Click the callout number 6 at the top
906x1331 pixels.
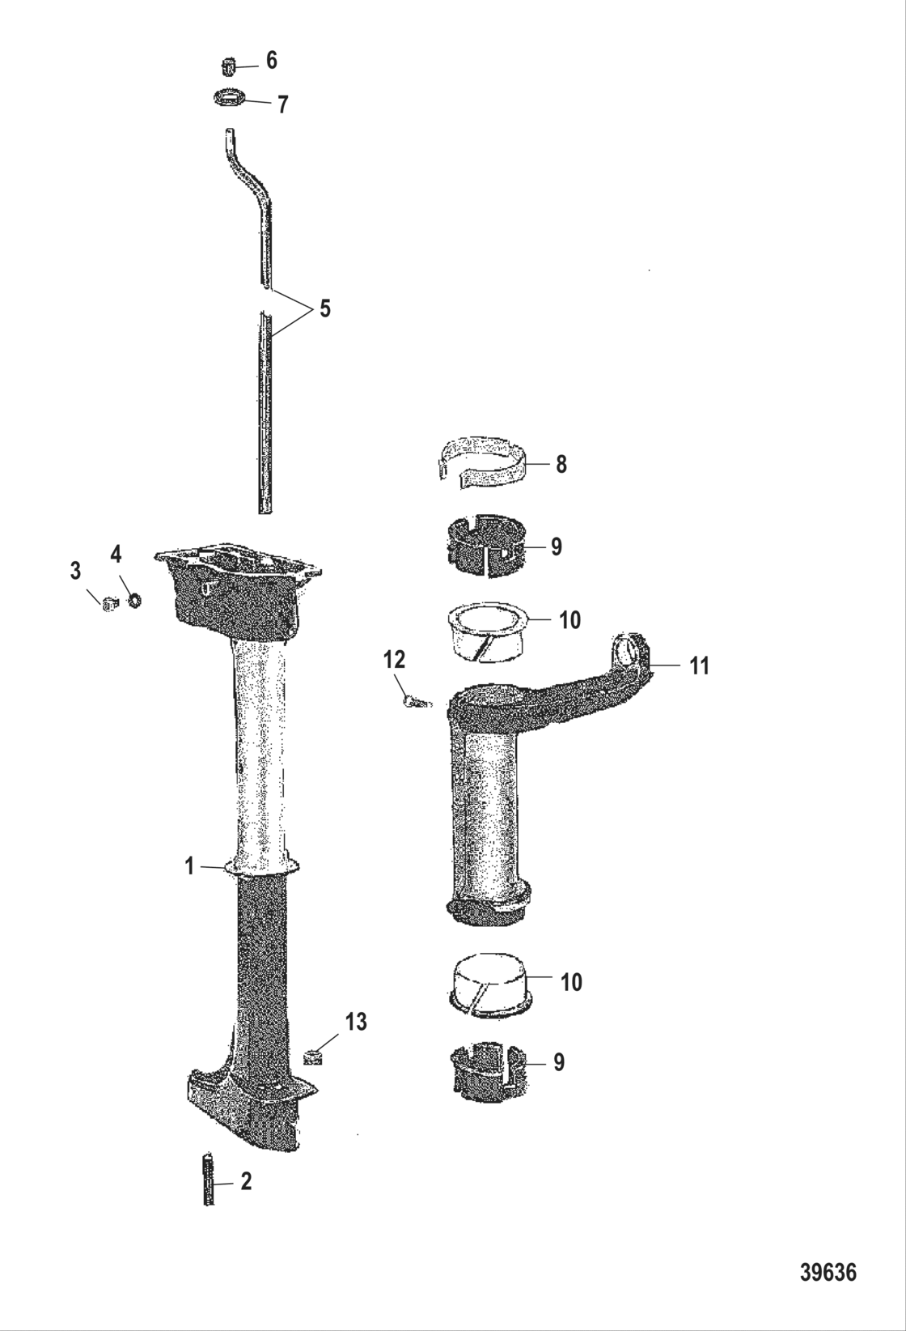272,60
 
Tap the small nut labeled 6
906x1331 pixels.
229,64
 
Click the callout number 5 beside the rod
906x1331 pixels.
324,308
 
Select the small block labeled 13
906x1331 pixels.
313,1057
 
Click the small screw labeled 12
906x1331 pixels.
415,702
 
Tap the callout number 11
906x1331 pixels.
699,665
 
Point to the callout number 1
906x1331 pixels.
189,866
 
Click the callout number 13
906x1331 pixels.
355,1022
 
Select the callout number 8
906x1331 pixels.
561,464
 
